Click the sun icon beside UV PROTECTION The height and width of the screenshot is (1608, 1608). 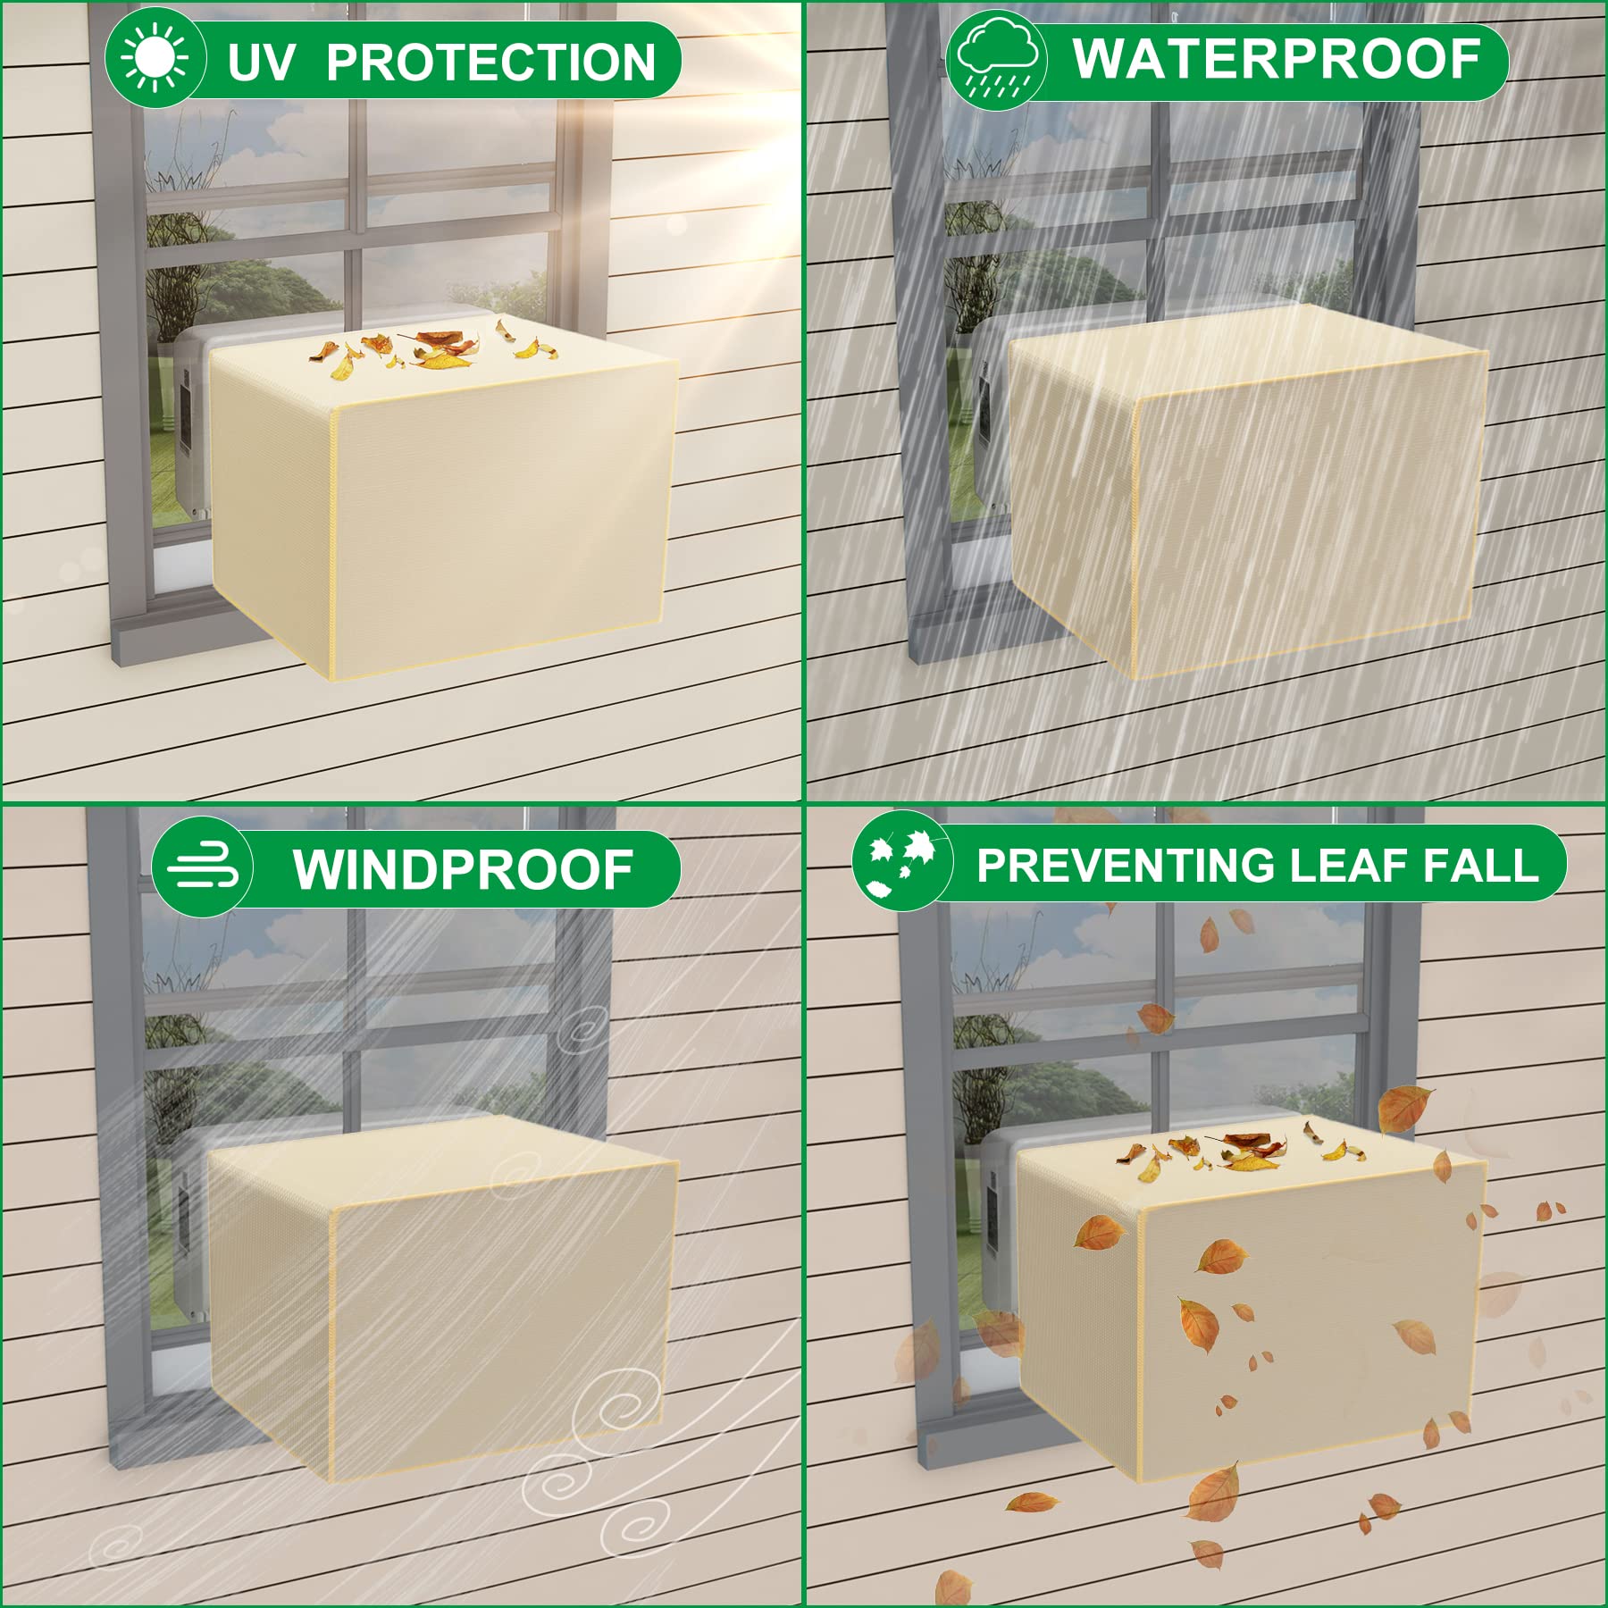[156, 58]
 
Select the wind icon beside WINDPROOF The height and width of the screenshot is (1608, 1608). [203, 867]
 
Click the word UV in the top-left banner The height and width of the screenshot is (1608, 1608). [260, 62]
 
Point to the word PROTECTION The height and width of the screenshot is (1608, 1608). [490, 62]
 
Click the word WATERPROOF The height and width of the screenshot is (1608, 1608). [1277, 59]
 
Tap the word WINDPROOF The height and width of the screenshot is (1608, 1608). [463, 869]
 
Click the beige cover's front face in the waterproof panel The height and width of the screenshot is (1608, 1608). [1304, 518]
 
